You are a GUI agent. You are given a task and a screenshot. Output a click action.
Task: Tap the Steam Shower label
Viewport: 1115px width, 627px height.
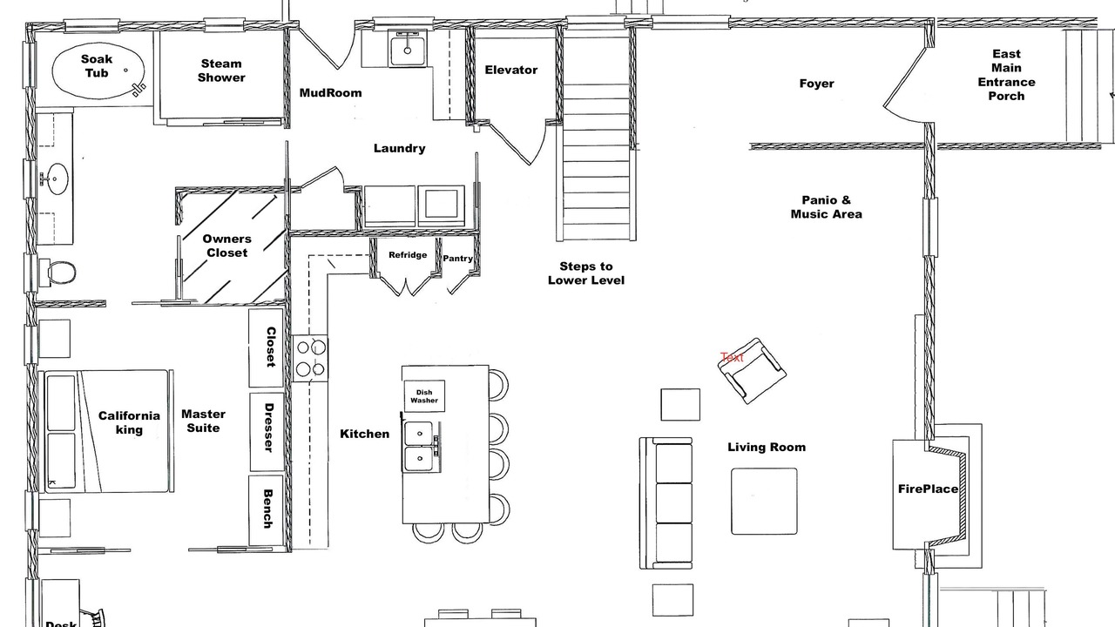tap(221, 71)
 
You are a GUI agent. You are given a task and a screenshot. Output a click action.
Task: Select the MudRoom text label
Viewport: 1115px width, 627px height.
tap(330, 93)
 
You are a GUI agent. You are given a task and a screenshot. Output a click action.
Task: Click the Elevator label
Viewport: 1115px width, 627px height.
tap(511, 71)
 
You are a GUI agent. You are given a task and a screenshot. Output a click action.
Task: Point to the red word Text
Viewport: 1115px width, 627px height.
tap(732, 357)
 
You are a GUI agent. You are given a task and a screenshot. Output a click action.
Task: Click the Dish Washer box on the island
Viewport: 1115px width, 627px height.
tap(424, 396)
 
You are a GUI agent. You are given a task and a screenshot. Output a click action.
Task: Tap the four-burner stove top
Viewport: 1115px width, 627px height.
tap(310, 358)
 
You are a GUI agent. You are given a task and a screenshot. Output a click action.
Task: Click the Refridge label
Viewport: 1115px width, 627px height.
tap(408, 255)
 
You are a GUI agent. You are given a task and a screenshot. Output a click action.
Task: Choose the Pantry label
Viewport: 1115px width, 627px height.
tap(457, 259)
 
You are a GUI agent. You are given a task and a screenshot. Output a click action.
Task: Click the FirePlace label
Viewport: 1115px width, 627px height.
tap(928, 489)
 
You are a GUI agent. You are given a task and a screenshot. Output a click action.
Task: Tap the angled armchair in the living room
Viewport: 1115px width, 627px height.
tap(752, 371)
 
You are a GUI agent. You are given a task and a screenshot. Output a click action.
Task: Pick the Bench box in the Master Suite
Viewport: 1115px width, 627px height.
tap(267, 510)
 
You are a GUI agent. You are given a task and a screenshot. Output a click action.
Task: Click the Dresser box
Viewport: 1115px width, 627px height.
tap(267, 432)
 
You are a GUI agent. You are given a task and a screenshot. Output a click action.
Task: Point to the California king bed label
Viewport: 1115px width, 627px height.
tap(129, 423)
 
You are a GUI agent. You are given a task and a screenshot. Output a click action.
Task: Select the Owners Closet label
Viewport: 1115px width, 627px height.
tap(227, 246)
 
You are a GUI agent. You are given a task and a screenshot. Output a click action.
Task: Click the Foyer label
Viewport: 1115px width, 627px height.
tap(816, 84)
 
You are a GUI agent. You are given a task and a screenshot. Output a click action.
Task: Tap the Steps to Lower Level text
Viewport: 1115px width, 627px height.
tap(586, 273)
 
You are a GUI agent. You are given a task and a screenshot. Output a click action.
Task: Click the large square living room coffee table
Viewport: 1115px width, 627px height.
tap(764, 501)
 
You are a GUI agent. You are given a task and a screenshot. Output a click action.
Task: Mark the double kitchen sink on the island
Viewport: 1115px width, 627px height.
tap(420, 447)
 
